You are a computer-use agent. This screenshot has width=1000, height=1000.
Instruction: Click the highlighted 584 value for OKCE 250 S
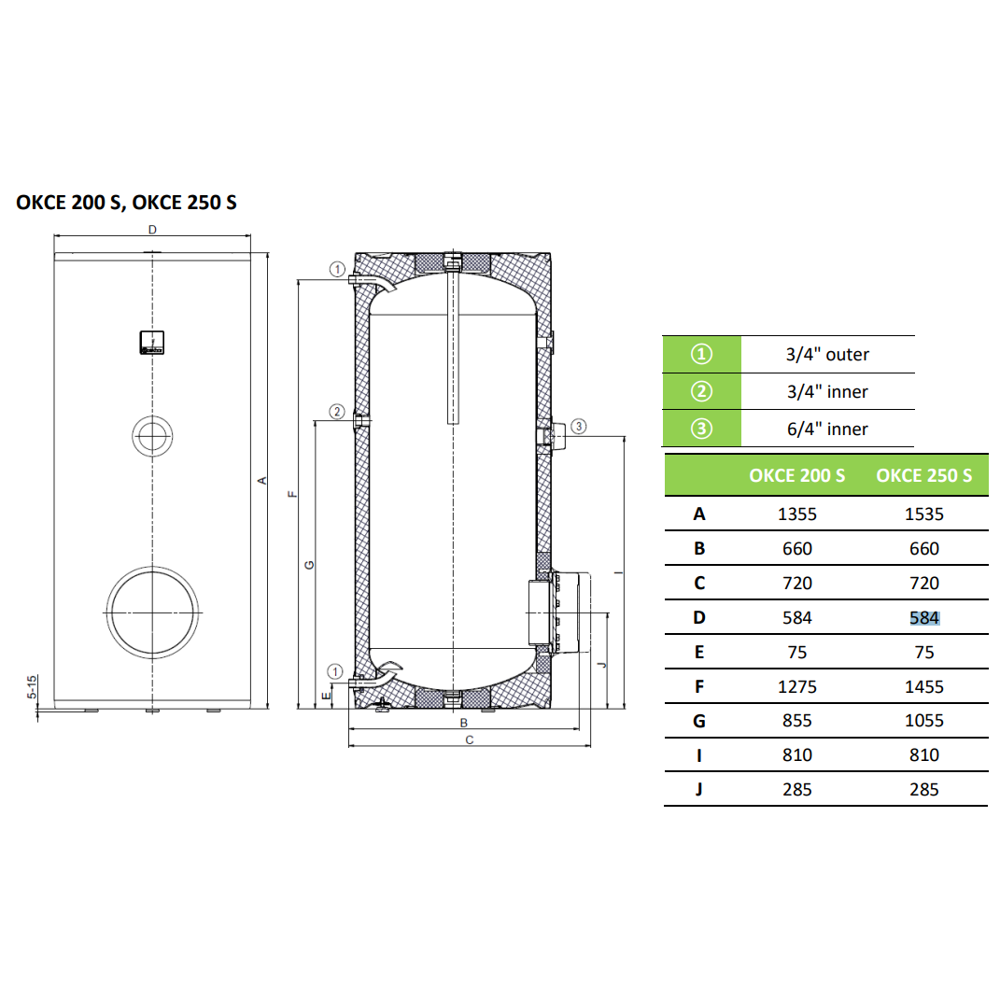click(x=924, y=617)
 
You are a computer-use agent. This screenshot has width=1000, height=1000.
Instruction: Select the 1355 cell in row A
click(x=796, y=514)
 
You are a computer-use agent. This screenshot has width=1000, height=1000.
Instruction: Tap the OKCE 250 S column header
click(x=924, y=475)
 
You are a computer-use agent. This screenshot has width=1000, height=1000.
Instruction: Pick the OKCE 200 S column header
click(x=796, y=475)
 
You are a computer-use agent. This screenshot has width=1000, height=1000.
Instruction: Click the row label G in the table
click(x=699, y=721)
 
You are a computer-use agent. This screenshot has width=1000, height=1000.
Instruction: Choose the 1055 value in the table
click(x=924, y=721)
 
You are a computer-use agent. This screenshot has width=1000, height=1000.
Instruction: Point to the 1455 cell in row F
click(x=924, y=686)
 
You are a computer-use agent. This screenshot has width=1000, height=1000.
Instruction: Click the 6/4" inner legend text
click(x=827, y=429)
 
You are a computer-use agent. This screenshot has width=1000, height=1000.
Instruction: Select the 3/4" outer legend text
click(x=827, y=354)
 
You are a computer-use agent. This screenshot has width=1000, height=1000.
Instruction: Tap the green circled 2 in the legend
click(x=701, y=391)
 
